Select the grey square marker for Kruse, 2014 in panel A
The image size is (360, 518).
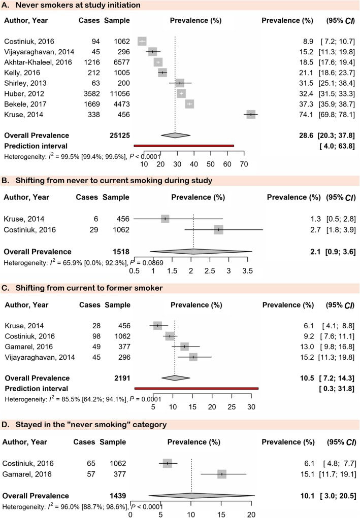click(251, 115)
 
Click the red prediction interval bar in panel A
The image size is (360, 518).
click(183, 146)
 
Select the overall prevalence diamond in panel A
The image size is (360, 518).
click(175, 135)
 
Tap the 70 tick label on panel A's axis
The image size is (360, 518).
click(243, 164)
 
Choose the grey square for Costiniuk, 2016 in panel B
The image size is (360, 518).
click(218, 230)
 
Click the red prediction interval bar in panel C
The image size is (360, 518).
click(197, 388)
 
